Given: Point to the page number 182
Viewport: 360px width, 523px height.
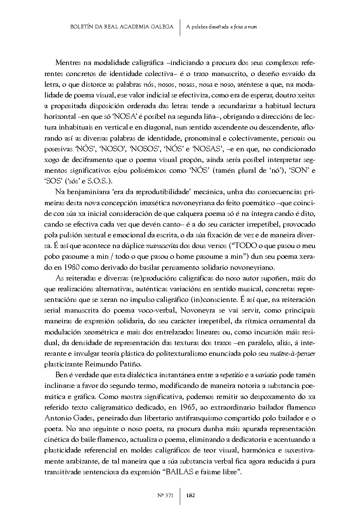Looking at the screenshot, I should point(191,495).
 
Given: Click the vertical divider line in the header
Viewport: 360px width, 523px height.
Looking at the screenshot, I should point(180,27).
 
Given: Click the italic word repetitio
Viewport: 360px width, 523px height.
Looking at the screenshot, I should point(231,375).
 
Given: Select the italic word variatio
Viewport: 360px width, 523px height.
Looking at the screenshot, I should point(266,375).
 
